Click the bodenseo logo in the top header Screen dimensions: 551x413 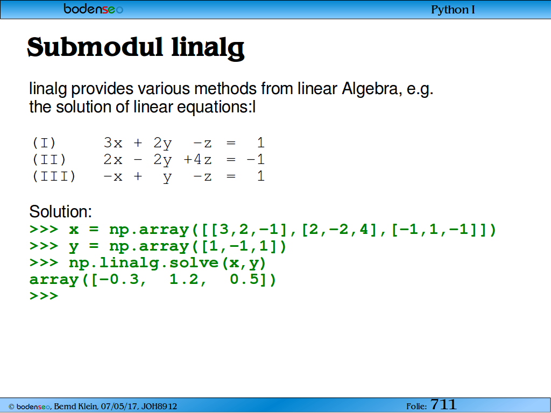coord(94,9)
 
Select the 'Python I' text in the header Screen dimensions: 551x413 coord(453,10)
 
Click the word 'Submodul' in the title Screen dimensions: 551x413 coord(95,47)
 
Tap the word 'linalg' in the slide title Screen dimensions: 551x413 coord(208,48)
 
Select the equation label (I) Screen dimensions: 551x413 coord(44,143)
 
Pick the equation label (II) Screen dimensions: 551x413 coord(49,159)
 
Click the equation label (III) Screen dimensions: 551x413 coord(54,176)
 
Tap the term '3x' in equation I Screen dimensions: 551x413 coord(113,143)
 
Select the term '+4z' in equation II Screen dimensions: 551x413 coord(197,159)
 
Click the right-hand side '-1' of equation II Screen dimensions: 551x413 coord(256,159)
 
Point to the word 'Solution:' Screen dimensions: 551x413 coord(60,211)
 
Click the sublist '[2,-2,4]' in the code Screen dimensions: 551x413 coord(339,229)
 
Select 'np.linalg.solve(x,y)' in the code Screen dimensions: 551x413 coord(168,263)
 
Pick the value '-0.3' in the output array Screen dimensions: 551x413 coord(119,280)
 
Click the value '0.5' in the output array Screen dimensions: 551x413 coord(244,280)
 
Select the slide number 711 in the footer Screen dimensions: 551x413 coord(443,404)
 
